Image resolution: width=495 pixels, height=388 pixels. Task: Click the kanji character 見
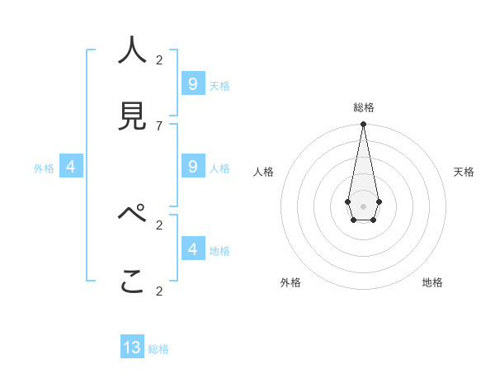pyautogui.click(x=132, y=116)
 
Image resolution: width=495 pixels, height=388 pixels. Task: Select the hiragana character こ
pyautogui.click(x=132, y=282)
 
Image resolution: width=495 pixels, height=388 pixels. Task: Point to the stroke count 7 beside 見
pyautogui.click(x=159, y=125)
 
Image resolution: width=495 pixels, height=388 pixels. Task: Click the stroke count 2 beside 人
pyautogui.click(x=159, y=59)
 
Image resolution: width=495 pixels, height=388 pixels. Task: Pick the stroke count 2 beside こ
pyautogui.click(x=159, y=291)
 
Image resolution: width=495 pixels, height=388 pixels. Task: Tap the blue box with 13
pyautogui.click(x=132, y=348)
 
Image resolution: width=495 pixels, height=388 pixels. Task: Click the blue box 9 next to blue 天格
pyautogui.click(x=192, y=83)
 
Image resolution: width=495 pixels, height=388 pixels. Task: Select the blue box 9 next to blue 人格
pyautogui.click(x=192, y=167)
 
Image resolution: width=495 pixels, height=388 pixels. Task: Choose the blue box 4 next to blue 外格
pyautogui.click(x=70, y=167)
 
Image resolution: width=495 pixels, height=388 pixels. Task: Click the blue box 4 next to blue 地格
pyautogui.click(x=192, y=248)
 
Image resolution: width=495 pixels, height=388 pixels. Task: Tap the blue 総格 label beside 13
pyautogui.click(x=158, y=349)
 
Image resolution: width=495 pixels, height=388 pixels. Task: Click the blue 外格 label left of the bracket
pyautogui.click(x=44, y=168)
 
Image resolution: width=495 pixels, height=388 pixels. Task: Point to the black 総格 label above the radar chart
pyautogui.click(x=363, y=107)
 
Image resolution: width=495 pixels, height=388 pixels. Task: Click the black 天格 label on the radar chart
pyautogui.click(x=464, y=172)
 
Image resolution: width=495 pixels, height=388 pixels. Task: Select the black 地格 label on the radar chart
pyautogui.click(x=432, y=282)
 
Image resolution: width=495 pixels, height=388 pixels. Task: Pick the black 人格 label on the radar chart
pyautogui.click(x=264, y=172)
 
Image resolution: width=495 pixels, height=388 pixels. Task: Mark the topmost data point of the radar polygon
pyautogui.click(x=363, y=124)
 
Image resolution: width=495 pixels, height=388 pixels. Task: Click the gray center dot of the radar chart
pyautogui.click(x=363, y=206)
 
